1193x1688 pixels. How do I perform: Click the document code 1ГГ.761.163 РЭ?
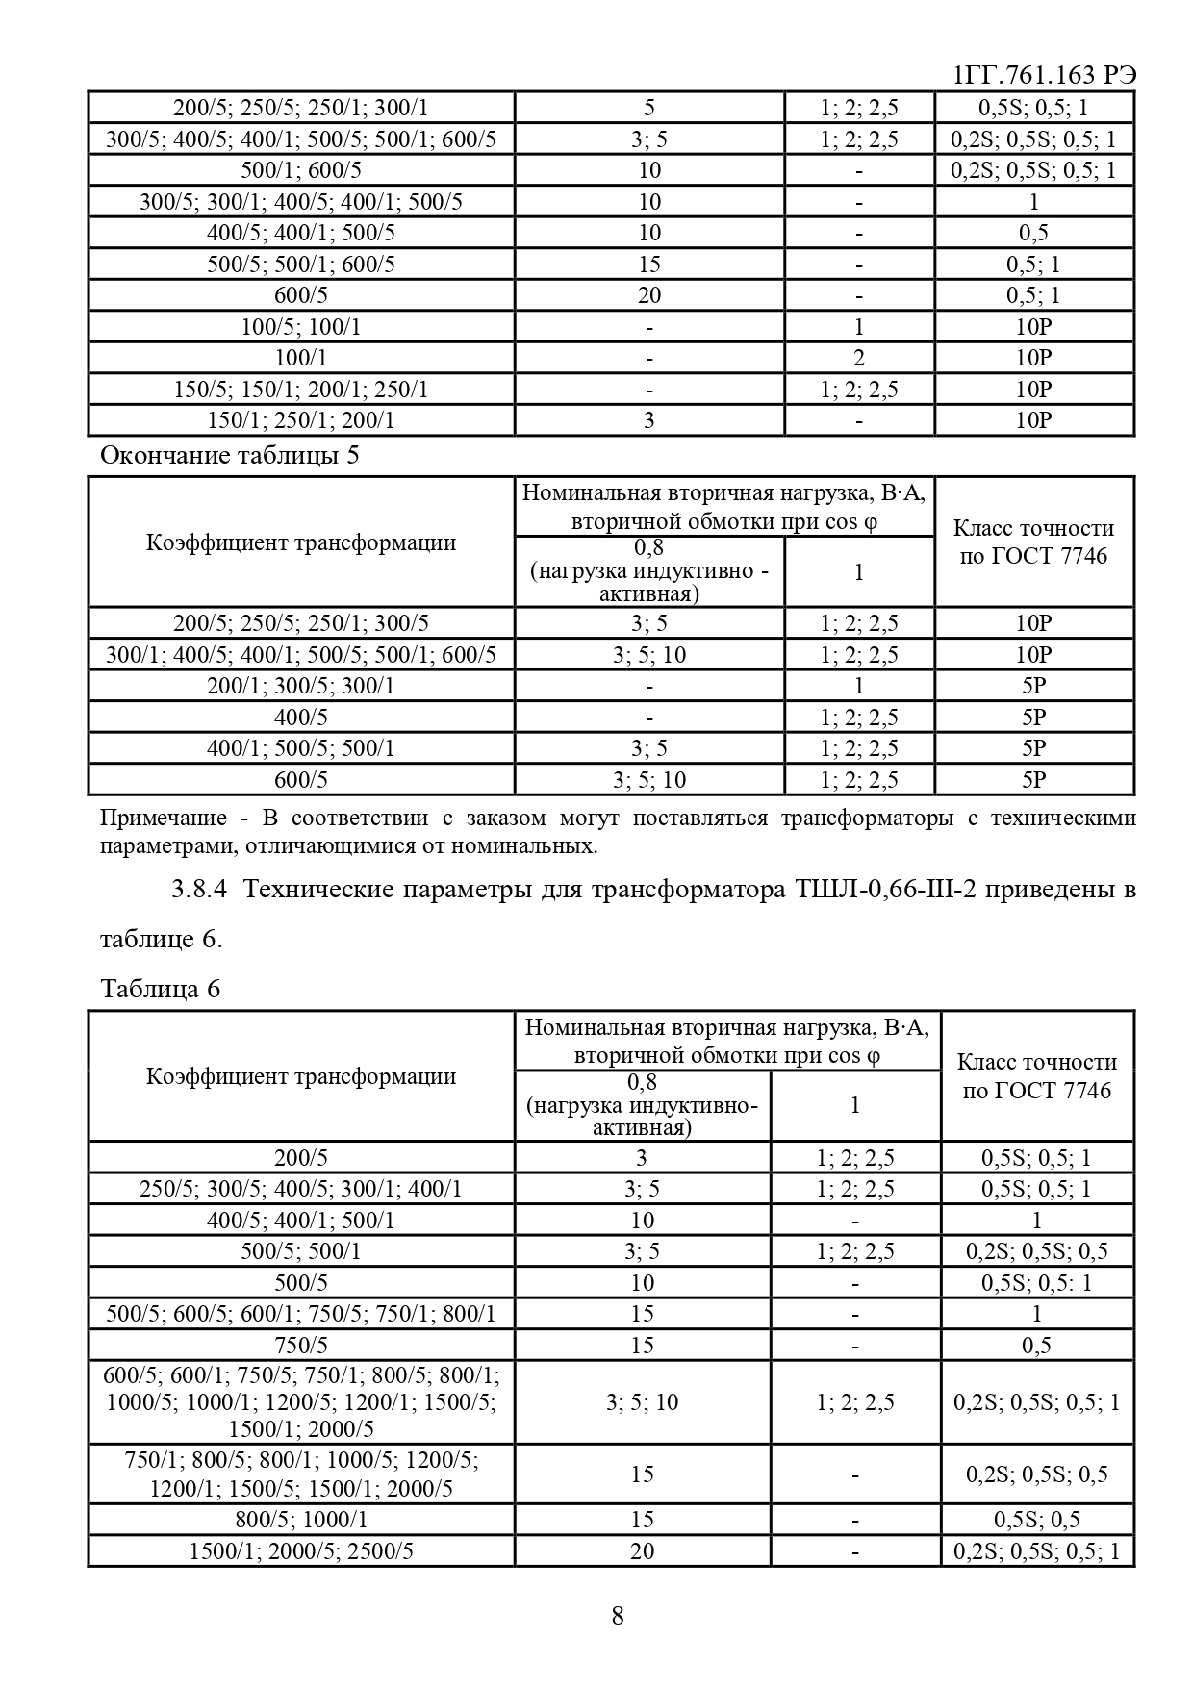point(1043,75)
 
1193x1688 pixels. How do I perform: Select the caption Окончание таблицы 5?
point(230,455)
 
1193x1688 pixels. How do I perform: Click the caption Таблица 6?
point(160,989)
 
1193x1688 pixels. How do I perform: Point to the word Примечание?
point(164,819)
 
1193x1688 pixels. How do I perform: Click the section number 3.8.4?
point(198,889)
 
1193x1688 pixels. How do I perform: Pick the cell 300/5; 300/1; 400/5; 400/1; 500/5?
point(300,202)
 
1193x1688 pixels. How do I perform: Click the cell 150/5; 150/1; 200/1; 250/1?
point(300,390)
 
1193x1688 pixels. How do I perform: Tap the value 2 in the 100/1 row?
point(858,358)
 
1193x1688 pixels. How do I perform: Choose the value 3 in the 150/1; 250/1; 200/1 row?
point(648,420)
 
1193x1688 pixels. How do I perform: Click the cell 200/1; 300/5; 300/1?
point(300,686)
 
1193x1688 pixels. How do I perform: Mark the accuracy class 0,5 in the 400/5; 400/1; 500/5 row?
point(1033,233)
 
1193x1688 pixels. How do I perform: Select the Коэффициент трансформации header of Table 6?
point(300,1075)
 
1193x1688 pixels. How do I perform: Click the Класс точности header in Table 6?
point(1036,1075)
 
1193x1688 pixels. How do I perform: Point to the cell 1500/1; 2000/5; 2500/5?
point(300,1550)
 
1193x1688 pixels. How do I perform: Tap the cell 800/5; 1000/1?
point(300,1520)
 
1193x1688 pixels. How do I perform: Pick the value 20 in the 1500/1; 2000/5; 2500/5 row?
point(642,1550)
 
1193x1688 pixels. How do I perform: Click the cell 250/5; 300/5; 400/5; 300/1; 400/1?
point(300,1189)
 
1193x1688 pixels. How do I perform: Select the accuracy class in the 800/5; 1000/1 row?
point(1036,1520)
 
